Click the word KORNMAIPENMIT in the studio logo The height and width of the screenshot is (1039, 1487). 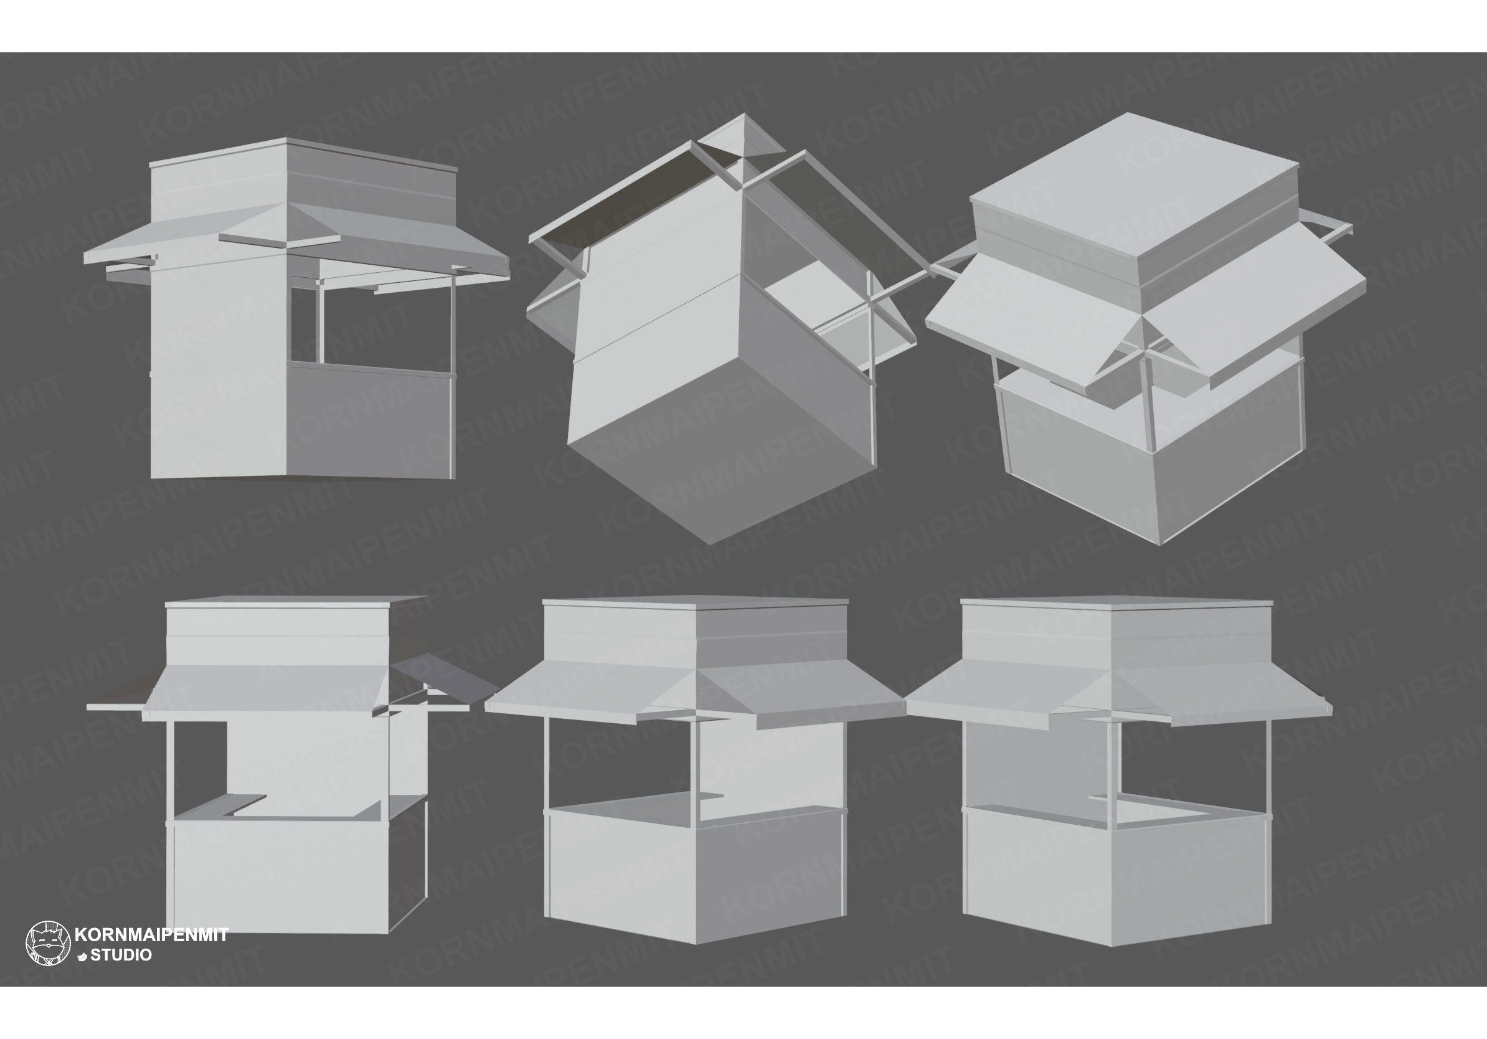(151, 935)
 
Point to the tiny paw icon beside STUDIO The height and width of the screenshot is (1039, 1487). (82, 956)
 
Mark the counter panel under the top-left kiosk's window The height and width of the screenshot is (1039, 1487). (369, 424)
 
